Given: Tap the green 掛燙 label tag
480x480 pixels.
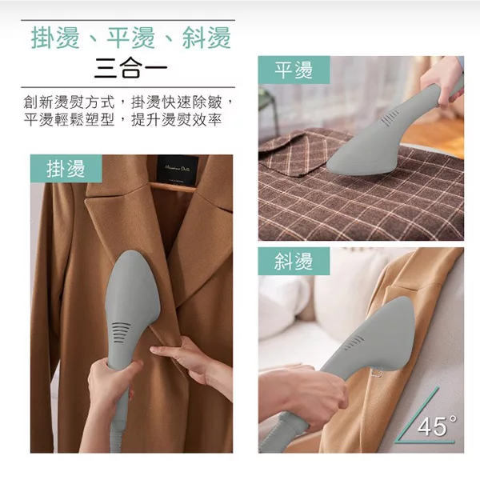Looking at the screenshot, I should pyautogui.click(x=67, y=169).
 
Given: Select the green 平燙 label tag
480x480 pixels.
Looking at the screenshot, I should pyautogui.click(x=294, y=70).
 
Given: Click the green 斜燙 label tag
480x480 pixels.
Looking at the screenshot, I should pyautogui.click(x=294, y=262).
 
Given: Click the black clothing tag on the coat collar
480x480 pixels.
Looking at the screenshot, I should pyautogui.click(x=177, y=169).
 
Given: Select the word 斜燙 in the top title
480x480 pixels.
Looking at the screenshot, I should pyautogui.click(x=206, y=38).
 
